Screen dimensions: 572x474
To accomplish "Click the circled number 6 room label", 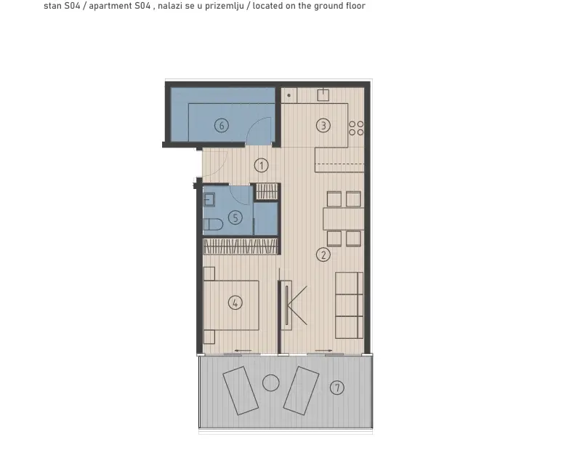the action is [222, 126].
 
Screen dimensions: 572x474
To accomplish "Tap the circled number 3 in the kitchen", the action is [323, 126].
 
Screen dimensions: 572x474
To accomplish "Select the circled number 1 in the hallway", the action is [261, 166].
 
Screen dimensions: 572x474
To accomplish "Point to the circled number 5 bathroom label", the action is [235, 218].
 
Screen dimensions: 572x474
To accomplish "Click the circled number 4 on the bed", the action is [235, 302].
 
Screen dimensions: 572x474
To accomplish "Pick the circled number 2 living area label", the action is [323, 254].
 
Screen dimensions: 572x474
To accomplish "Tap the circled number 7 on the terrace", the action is [337, 387].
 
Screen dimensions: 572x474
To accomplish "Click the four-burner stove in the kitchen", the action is [356, 128].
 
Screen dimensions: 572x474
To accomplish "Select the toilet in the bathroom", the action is [213, 224].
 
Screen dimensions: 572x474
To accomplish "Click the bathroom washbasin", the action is [209, 200].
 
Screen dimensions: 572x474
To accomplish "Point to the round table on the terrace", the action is [270, 383].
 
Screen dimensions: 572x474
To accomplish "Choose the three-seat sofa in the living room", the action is [349, 305].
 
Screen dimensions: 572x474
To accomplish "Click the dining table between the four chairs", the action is [343, 219].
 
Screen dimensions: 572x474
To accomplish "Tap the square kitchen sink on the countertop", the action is [323, 95].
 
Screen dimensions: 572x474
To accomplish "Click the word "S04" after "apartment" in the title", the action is [140, 6].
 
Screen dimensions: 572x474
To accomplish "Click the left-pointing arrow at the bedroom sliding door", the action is [243, 351].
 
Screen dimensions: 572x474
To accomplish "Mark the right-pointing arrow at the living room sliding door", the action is [323, 351].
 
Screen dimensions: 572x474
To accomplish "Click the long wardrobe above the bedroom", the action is [241, 246].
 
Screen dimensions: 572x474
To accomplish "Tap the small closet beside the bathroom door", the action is [267, 192].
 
